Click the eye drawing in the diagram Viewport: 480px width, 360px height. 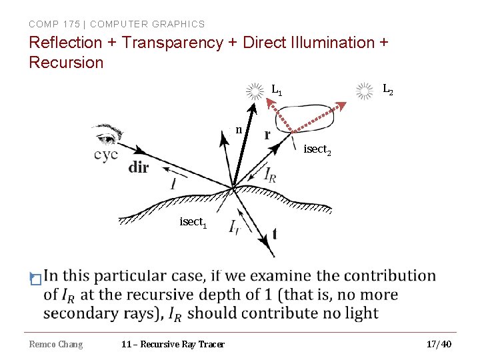click(x=109, y=135)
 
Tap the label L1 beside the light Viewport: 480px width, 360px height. click(x=277, y=89)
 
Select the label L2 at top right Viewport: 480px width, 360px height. click(x=387, y=88)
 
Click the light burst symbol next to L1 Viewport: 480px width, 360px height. click(x=255, y=92)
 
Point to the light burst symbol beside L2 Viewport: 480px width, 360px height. click(x=364, y=91)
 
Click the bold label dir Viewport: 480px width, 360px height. click(x=139, y=167)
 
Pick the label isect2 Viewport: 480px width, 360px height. click(x=318, y=150)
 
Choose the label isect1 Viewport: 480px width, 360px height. click(x=193, y=222)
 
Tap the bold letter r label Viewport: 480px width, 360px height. click(x=267, y=135)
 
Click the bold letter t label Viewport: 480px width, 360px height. click(x=275, y=234)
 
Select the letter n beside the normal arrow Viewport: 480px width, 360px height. click(x=239, y=129)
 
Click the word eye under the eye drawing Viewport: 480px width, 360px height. click(x=106, y=155)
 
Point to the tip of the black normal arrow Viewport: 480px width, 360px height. click(x=254, y=105)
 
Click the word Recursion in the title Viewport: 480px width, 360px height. click(x=67, y=63)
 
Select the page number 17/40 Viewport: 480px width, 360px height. click(x=439, y=344)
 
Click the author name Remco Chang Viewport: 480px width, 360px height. click(x=56, y=344)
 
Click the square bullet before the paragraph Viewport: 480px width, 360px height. click(x=35, y=279)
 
